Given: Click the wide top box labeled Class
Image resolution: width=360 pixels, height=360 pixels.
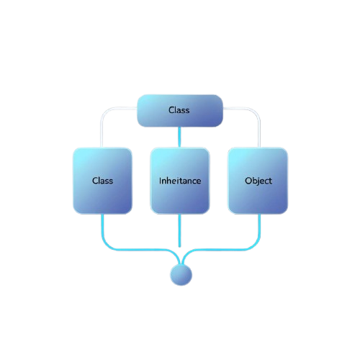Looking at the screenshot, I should point(179,110).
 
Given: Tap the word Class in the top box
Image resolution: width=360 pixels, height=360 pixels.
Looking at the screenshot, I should point(179,110).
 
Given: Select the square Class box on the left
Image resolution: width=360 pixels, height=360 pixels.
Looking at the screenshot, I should point(102,180).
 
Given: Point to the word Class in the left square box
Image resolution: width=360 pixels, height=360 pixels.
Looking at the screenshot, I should point(102,181).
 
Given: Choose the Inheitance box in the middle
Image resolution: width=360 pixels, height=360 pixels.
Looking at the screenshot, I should point(179,180).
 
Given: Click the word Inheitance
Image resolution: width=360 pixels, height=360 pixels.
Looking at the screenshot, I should point(179,181).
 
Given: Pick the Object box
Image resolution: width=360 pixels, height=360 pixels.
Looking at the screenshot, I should point(258,180).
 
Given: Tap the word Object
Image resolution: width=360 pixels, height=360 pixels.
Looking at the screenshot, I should point(258,181).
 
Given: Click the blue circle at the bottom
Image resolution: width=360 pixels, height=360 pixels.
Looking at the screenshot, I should point(181,274).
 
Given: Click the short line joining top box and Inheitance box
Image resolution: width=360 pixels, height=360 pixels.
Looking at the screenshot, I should point(179,136).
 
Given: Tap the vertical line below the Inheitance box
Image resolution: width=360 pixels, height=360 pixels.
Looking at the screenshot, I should point(179,230).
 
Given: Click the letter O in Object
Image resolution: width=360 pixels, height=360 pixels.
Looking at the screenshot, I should point(248,181).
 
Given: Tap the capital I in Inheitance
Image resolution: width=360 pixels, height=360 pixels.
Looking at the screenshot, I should point(160,181).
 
